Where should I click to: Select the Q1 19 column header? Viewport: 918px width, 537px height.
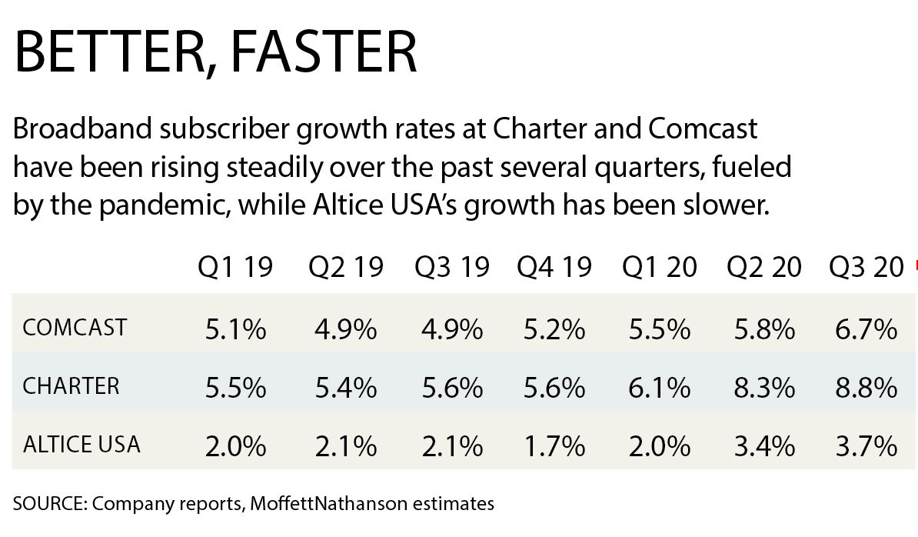pyautogui.click(x=235, y=267)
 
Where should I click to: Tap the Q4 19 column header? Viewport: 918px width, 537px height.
pyautogui.click(x=554, y=267)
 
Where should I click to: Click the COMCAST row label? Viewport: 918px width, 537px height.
pyautogui.click(x=75, y=329)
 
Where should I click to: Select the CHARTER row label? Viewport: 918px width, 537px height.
pyautogui.click(x=71, y=386)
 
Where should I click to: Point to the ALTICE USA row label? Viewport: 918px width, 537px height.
pyautogui.click(x=81, y=444)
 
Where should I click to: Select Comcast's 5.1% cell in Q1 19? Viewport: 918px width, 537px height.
pyautogui.click(x=235, y=330)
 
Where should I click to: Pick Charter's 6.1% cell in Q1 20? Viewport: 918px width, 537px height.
pyautogui.click(x=659, y=388)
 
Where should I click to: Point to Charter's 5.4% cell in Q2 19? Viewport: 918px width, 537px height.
pyautogui.click(x=345, y=388)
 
